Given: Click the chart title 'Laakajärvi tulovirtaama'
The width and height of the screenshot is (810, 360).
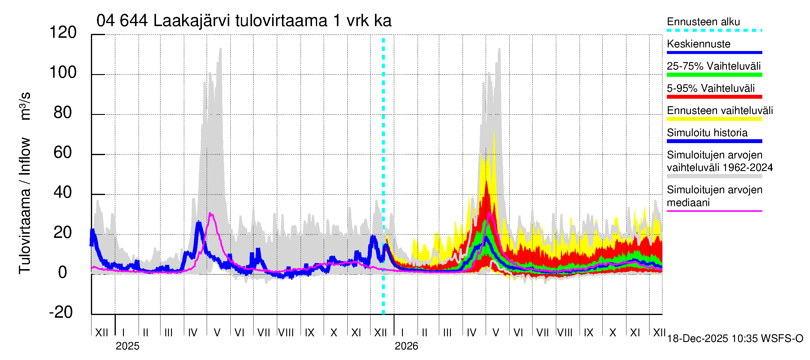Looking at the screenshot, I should pyautogui.click(x=244, y=21).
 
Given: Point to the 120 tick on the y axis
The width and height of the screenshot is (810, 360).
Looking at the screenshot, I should pyautogui.click(x=63, y=33).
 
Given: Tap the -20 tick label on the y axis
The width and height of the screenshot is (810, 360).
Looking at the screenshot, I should pyautogui.click(x=61, y=312).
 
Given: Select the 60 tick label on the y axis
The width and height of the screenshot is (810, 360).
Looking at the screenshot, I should pyautogui.click(x=63, y=153).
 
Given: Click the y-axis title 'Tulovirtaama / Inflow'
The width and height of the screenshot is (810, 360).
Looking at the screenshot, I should pyautogui.click(x=25, y=206).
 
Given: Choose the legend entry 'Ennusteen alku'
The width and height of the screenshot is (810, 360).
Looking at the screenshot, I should pyautogui.click(x=703, y=22).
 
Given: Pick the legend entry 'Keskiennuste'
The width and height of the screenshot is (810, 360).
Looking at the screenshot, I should pyautogui.click(x=698, y=44).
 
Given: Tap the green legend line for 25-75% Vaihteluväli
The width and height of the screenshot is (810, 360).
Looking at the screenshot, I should pyautogui.click(x=714, y=75).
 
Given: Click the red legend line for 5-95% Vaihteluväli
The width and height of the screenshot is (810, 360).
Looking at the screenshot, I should pyautogui.click(x=714, y=97).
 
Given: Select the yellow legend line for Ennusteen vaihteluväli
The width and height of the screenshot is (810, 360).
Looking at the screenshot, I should pyautogui.click(x=714, y=119).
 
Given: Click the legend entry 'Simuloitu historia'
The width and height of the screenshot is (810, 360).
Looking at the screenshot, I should pyautogui.click(x=707, y=133).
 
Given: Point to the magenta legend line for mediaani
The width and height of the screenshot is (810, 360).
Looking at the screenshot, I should pyautogui.click(x=714, y=211).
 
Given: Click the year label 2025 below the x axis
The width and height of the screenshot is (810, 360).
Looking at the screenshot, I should pyautogui.click(x=127, y=346).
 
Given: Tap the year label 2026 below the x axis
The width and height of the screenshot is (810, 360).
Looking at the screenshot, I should pyautogui.click(x=406, y=346).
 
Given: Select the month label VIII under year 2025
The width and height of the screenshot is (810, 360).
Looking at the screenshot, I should pyautogui.click(x=286, y=333).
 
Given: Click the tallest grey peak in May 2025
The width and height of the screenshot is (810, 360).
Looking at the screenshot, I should pyautogui.click(x=220, y=48).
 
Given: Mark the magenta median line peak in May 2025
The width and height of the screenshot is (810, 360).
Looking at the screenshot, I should pyautogui.click(x=211, y=214).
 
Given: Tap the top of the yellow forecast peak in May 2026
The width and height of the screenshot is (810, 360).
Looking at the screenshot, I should pyautogui.click(x=494, y=130).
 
